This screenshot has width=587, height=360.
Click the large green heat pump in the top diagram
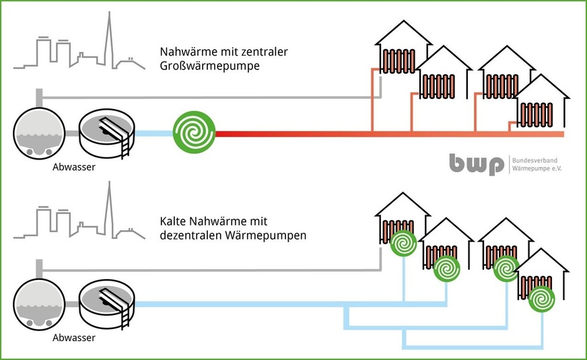(x=195, y=133)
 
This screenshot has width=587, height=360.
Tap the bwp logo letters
(x=477, y=164)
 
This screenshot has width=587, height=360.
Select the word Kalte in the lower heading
(x=174, y=221)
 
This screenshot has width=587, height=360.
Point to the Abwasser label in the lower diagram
(x=73, y=337)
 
